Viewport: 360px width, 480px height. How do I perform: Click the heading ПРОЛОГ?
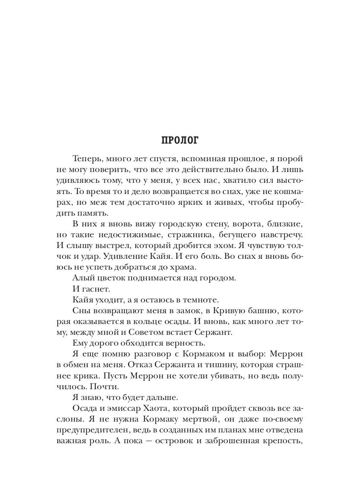(180, 140)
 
